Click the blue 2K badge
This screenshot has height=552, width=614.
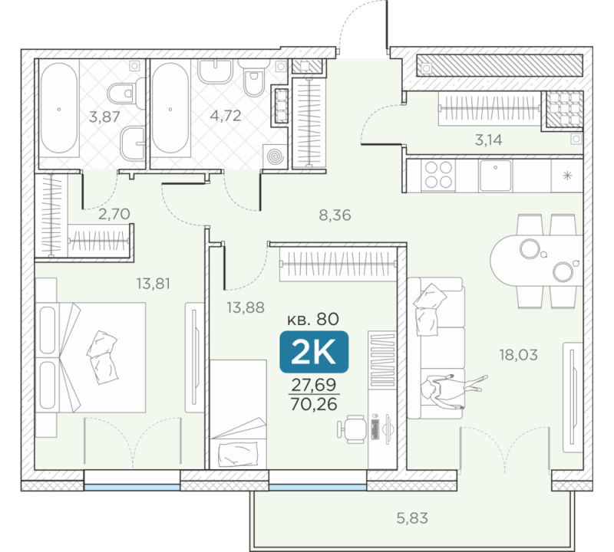point(314,352)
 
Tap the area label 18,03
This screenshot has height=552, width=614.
point(518,355)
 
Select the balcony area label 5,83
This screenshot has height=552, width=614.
point(412,518)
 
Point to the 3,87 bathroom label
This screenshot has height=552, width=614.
point(104,117)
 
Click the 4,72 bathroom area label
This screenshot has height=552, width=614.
point(226,116)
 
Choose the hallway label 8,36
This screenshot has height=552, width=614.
point(335,215)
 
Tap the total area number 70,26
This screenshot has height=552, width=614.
point(314,404)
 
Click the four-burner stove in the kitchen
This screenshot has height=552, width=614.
point(438,175)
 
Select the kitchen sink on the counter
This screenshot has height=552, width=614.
point(495,176)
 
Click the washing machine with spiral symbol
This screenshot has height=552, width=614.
point(276,156)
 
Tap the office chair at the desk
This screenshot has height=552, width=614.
point(352,429)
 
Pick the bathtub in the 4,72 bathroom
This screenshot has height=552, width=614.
point(170,108)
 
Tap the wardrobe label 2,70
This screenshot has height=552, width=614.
point(114,214)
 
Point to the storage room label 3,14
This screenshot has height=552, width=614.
point(488,140)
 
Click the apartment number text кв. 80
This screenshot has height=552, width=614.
point(313,319)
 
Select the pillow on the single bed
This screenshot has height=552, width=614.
point(239,455)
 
